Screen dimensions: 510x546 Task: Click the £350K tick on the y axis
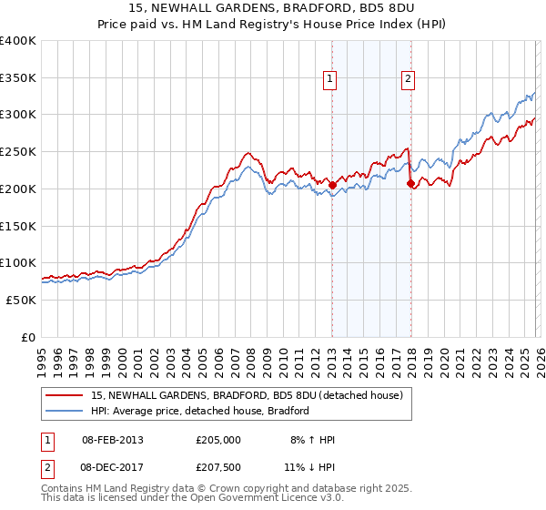[x=18, y=77]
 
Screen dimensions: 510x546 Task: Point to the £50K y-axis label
[x=21, y=300]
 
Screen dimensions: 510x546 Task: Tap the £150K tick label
[x=18, y=226]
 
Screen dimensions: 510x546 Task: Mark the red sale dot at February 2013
[x=332, y=185]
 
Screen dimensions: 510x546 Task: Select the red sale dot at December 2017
[x=409, y=183]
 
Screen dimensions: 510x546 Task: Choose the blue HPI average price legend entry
[x=200, y=411]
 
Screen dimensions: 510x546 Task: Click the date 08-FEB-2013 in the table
[x=112, y=440]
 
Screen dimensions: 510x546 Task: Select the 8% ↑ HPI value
[x=312, y=440]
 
